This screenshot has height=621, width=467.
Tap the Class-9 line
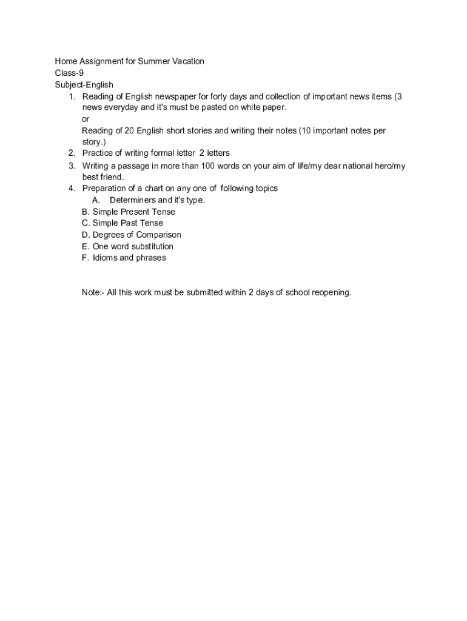(69, 73)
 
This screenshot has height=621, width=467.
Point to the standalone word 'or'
(86, 119)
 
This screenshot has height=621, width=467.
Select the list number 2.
(72, 153)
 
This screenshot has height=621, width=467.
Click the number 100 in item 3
(209, 166)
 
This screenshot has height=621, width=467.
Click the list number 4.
(72, 189)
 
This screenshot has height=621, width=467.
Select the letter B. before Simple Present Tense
(86, 212)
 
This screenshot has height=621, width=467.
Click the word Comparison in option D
(158, 235)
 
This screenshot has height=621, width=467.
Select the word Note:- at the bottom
(93, 292)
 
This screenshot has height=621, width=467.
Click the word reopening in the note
(331, 292)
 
